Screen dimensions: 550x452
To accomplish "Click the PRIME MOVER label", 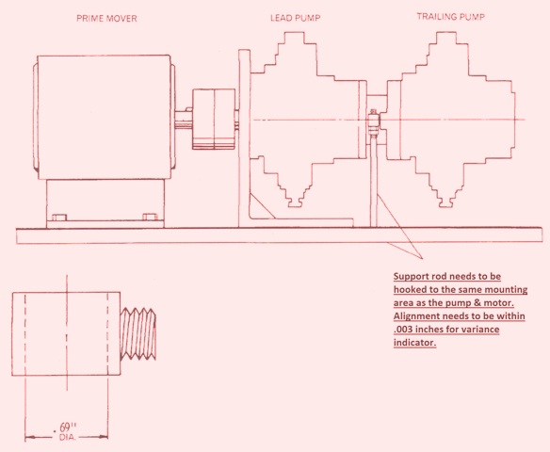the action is point(106,18).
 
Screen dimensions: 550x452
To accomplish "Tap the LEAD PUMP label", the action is point(296,18).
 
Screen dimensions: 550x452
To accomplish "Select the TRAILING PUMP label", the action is point(451,17).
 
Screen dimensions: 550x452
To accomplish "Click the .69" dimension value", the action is point(65,428).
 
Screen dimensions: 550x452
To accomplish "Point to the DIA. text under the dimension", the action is point(68,437).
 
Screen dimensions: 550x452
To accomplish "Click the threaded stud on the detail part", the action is point(137,334).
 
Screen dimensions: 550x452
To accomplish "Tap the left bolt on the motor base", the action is point(58,218).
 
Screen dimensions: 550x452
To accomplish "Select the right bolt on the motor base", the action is point(150,218).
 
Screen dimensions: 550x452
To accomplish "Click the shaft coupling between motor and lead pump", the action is point(214,120).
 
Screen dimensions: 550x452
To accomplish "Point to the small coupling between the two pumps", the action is point(373,122).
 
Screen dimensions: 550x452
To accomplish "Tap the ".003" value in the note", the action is point(403,330).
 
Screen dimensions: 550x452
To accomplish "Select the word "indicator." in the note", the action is point(414,343).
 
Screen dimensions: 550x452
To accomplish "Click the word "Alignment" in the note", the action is point(416,316).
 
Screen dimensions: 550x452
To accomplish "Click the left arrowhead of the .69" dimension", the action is point(29,437).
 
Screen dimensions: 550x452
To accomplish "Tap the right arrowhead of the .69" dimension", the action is point(104,437).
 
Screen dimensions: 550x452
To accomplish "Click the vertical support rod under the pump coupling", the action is point(374,182).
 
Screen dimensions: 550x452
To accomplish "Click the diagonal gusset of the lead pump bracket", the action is point(263,205).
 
